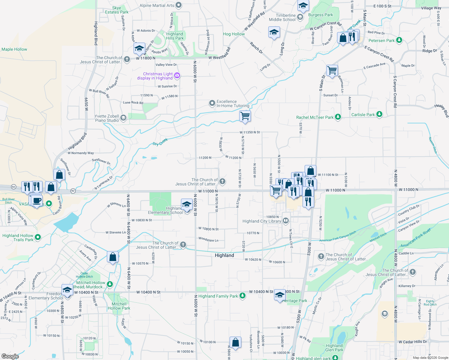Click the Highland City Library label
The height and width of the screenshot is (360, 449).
point(262,221)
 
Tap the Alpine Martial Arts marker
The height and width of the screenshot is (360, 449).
point(179,5)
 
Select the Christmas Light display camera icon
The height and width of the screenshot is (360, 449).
point(177,75)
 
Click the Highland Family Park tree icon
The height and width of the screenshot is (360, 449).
point(243,296)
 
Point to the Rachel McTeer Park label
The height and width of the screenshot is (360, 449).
point(315,117)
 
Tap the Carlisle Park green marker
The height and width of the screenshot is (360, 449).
point(379,114)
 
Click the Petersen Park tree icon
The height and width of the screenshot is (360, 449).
point(399,40)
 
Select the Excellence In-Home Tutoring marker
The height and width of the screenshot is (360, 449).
point(212,103)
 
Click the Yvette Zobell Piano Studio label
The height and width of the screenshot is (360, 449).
point(107,118)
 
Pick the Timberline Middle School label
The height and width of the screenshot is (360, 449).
point(282,17)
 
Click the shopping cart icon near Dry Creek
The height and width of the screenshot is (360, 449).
point(245,115)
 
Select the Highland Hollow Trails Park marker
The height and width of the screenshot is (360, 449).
point(38,237)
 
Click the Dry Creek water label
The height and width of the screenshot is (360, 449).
point(160,142)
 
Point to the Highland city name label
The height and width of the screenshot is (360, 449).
point(224,255)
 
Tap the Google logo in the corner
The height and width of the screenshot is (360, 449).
point(10,356)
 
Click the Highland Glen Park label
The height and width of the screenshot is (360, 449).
point(334,348)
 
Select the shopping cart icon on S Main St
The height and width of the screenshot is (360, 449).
point(332,71)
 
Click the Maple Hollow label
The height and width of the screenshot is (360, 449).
point(14,49)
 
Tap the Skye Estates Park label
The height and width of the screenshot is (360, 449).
point(116,10)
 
